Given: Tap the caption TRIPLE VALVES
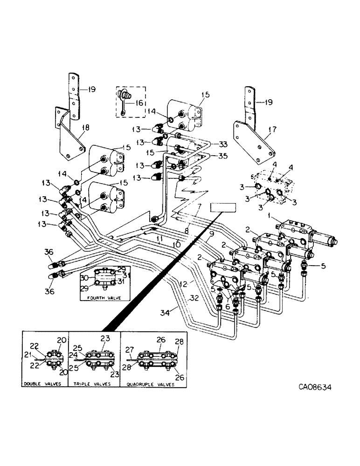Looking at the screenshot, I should point(92,385).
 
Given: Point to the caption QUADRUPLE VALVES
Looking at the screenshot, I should point(150,385).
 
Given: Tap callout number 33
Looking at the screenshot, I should point(222,144).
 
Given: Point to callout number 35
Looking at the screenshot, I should point(222,156).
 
